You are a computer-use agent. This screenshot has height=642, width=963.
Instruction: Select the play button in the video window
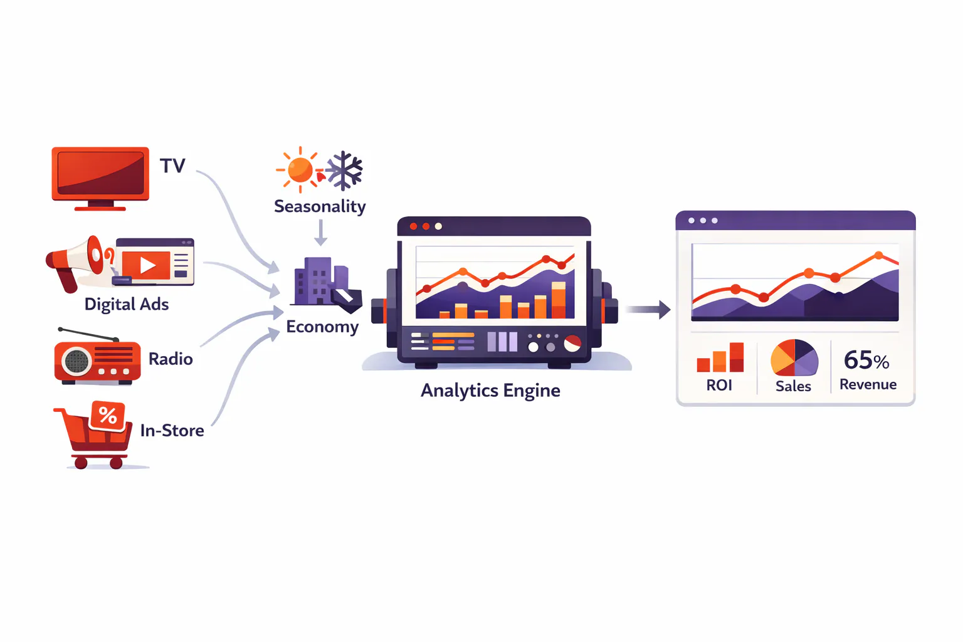pyautogui.click(x=147, y=265)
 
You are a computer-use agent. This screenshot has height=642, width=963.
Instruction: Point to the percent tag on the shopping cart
pyautogui.click(x=107, y=416)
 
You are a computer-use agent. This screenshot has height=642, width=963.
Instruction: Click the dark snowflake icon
pyautogui.click(x=344, y=171)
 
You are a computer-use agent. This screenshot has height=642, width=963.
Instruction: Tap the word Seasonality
pyautogui.click(x=320, y=206)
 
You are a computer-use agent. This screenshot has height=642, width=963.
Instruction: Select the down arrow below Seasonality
pyautogui.click(x=320, y=233)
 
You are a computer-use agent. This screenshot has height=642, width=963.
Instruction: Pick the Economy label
pyautogui.click(x=322, y=327)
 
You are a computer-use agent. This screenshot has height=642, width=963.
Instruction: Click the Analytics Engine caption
pyautogui.click(x=490, y=391)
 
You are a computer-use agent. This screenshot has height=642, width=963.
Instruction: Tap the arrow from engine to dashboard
pyautogui.click(x=648, y=309)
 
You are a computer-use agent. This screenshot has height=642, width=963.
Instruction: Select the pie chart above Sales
pyautogui.click(x=794, y=358)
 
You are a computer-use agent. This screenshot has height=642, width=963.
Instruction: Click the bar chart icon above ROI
pyautogui.click(x=720, y=357)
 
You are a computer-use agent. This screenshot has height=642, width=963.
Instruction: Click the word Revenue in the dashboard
pyautogui.click(x=868, y=384)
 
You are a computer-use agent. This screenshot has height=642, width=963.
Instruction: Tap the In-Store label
pyautogui.click(x=172, y=431)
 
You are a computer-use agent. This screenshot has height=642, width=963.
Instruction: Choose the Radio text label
pyautogui.click(x=171, y=359)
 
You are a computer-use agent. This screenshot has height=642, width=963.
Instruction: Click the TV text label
pyautogui.click(x=172, y=166)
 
